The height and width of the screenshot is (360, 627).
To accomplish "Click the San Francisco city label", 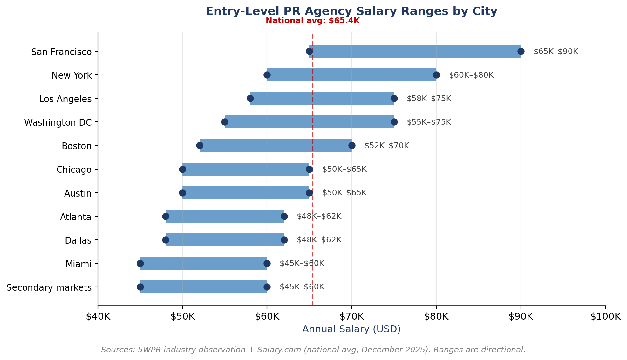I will [61, 52].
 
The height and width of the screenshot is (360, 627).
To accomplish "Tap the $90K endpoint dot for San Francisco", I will [521, 52].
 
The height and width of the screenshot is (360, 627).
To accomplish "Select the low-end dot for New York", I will [267, 75].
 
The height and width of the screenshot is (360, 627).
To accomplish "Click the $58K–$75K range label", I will [429, 99].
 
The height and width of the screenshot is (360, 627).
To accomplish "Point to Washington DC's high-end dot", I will [394, 122].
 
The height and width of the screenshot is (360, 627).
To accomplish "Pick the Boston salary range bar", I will [276, 146].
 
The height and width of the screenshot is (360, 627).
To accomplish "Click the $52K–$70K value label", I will [386, 146].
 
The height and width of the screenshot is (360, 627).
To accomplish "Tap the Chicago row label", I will [74, 170].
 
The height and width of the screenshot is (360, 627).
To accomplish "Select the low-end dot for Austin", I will [182, 193].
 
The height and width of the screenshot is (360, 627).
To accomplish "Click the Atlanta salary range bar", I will [225, 216].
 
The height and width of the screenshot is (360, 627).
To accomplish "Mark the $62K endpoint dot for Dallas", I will [284, 240].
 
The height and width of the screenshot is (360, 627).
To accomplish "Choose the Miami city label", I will [78, 264].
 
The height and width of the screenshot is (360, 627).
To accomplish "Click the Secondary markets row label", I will [49, 287].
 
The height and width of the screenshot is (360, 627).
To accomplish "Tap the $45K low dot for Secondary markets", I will [140, 287].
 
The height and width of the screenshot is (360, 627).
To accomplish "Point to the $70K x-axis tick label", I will [351, 316].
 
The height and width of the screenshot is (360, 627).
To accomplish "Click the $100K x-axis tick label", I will [605, 316].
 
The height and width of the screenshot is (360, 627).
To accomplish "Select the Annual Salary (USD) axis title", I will [351, 329].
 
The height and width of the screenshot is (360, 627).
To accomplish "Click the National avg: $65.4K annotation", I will [312, 21].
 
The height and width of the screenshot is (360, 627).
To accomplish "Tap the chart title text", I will [351, 11].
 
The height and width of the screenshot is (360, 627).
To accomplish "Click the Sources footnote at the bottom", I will [313, 350].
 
